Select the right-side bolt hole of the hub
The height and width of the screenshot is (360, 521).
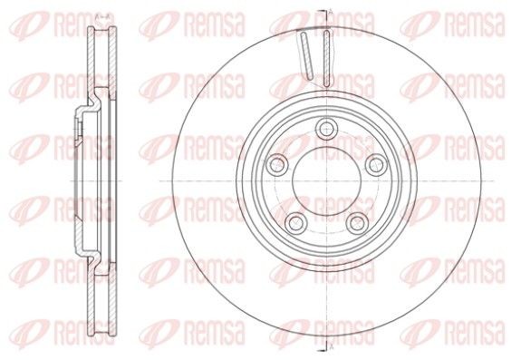[x=372, y=162]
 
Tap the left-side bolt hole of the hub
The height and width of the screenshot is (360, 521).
[x=275, y=162]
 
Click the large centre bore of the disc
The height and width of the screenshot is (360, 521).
[x=323, y=178]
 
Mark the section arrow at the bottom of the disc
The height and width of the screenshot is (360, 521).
[x=323, y=346]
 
